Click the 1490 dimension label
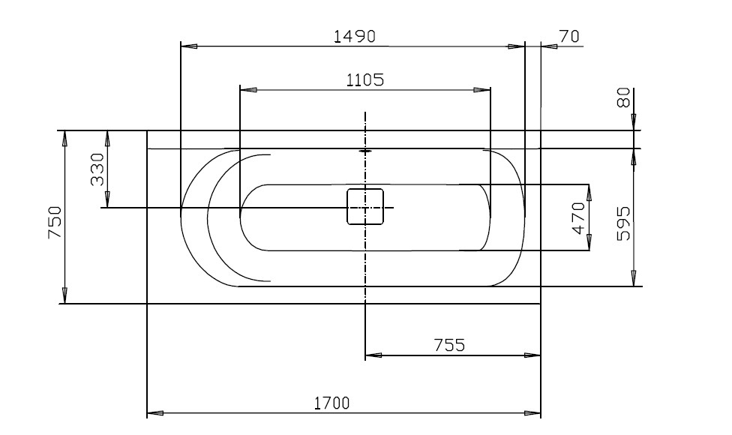tap(355, 36)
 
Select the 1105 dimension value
tap(365, 80)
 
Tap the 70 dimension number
tap(569, 36)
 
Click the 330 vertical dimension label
tap(97, 170)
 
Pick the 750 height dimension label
tap(55, 223)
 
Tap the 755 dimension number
tap(449, 345)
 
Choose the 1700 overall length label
tap(331, 403)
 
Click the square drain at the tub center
tap(365, 206)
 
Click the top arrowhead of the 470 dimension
tap(589, 193)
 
